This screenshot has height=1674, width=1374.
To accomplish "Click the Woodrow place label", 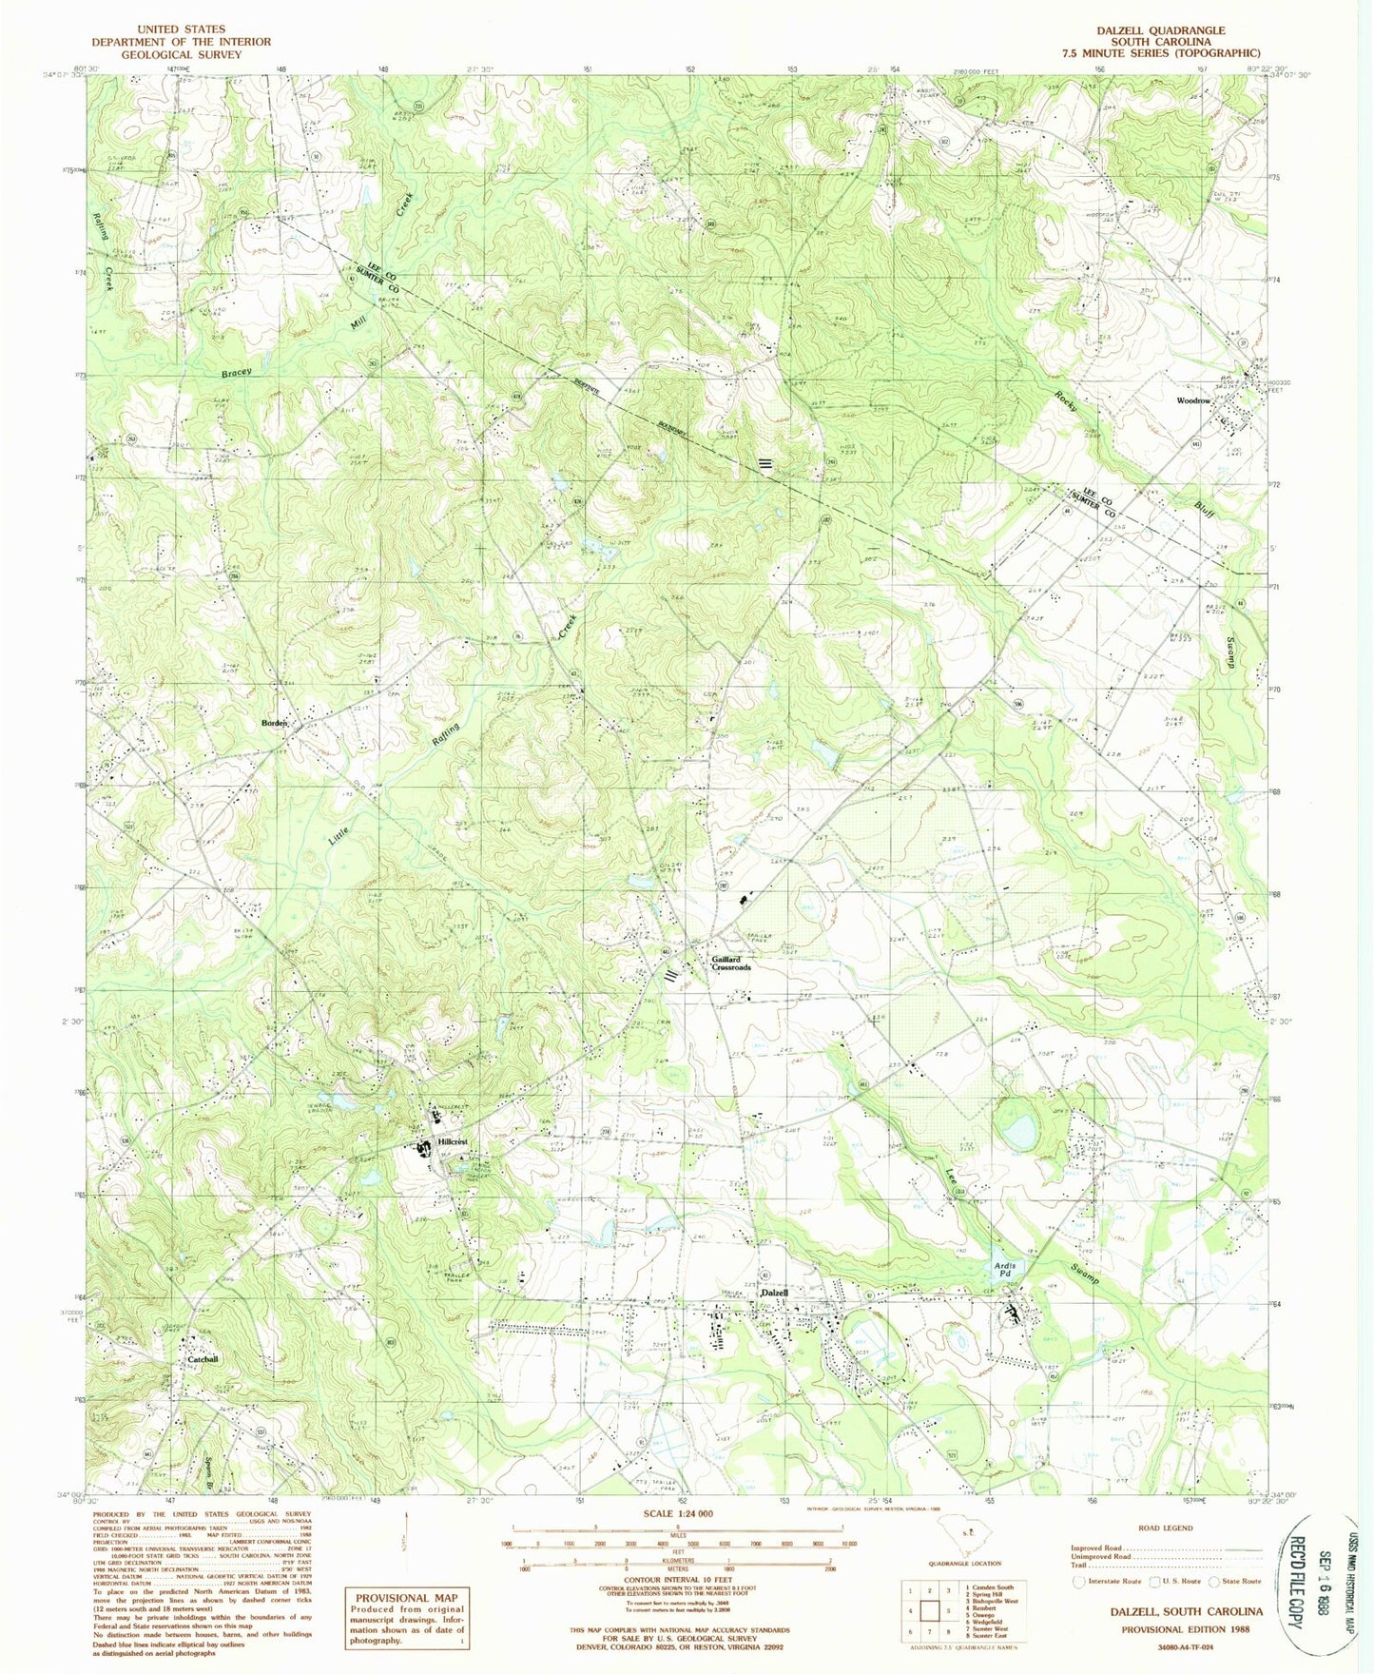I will (x=1193, y=400).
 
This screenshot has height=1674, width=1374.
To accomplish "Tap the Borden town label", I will (x=275, y=723).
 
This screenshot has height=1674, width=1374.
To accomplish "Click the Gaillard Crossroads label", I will (x=730, y=964).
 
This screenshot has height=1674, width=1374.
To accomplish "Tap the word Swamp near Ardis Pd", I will (x=1083, y=1275).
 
